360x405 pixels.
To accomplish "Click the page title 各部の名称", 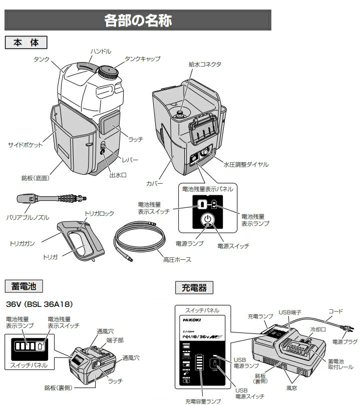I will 138,21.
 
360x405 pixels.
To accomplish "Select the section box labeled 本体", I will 26,43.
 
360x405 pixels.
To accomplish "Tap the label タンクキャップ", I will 143,59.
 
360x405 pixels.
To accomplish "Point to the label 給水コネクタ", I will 205,65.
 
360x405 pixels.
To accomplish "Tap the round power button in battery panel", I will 207,220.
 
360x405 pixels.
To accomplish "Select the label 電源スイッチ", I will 233,246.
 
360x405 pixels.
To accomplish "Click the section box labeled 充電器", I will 194,287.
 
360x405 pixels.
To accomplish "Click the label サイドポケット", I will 25,145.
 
